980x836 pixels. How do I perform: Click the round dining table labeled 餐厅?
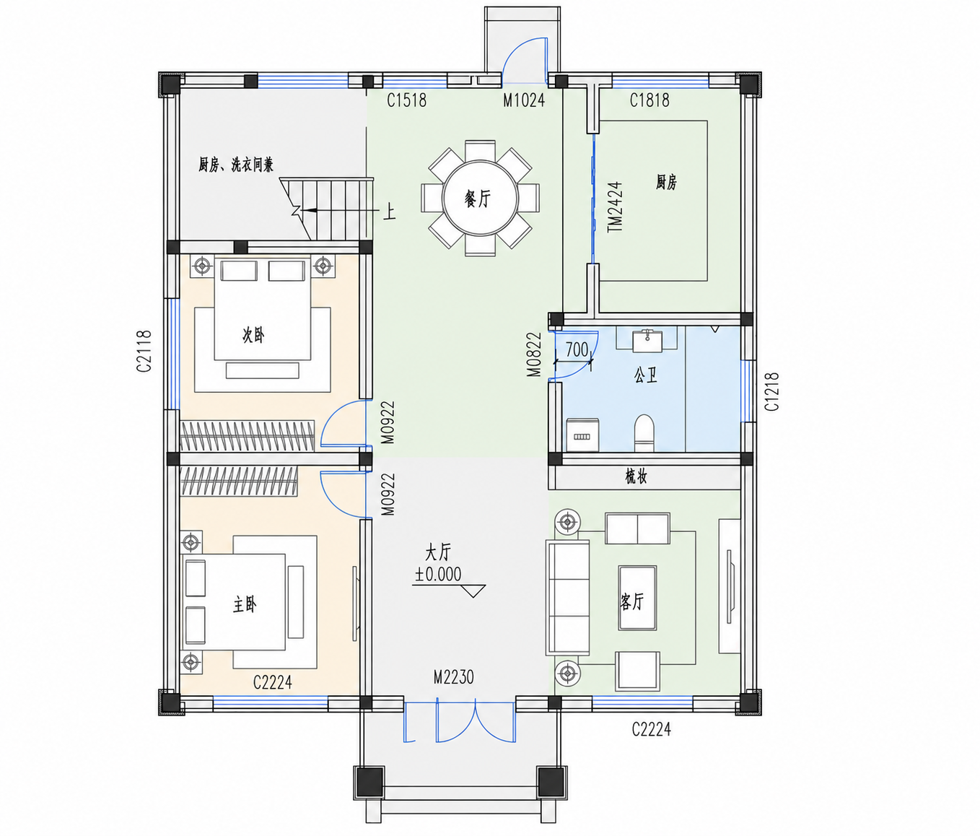point(480,199)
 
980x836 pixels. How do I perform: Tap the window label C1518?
point(406,100)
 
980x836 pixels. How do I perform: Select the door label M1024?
point(524,100)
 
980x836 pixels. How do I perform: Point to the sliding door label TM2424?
point(615,206)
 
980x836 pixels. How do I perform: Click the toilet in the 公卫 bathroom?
point(644,433)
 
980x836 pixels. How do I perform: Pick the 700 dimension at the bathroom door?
point(577,350)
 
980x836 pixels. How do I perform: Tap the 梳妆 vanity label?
point(636,477)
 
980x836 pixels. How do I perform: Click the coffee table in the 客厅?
point(637,598)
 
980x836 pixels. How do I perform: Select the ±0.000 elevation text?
point(438,575)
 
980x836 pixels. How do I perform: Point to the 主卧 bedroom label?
point(245,605)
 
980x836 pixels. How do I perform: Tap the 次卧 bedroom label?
point(253,335)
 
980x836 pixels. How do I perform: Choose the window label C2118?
point(144,351)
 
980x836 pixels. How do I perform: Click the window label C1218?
point(772,392)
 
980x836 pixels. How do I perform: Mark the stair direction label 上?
point(389,212)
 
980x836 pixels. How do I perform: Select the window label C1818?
point(649,100)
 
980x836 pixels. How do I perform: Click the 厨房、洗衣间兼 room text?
point(236,165)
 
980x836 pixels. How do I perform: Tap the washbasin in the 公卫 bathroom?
point(647,341)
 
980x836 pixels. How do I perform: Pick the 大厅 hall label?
point(437,554)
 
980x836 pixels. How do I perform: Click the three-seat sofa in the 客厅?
point(567,597)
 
